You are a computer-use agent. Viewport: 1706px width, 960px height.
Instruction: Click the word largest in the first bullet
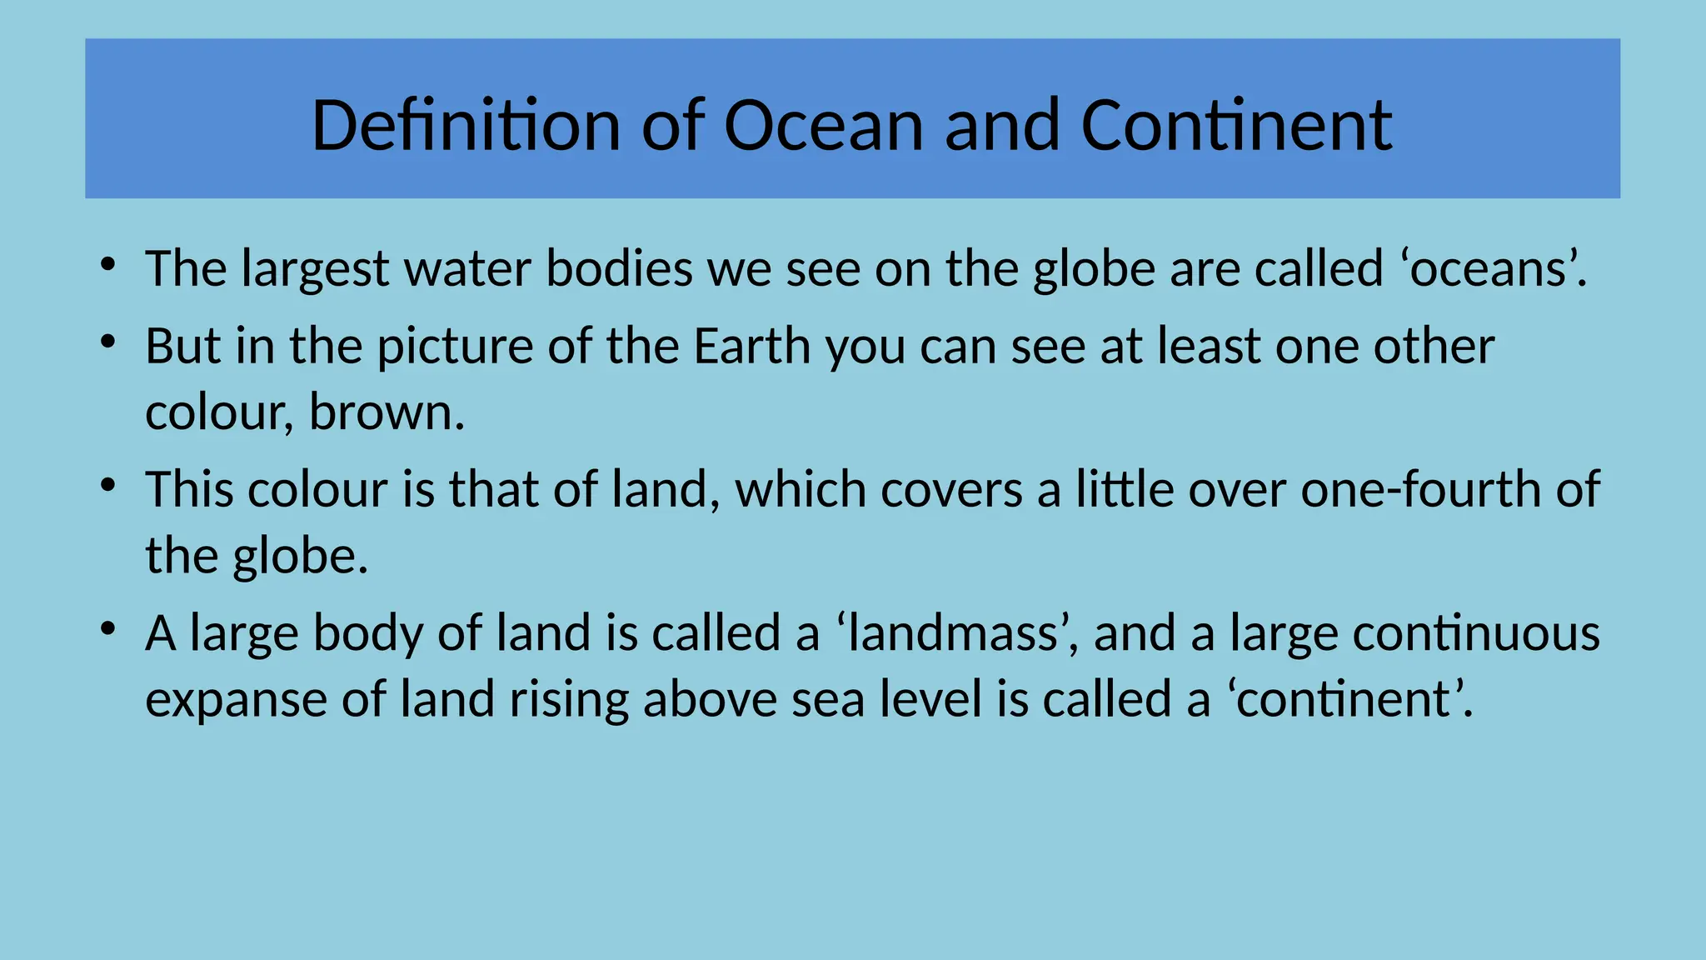[x=316, y=270]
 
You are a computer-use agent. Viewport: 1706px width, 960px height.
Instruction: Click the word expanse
[x=236, y=700]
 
